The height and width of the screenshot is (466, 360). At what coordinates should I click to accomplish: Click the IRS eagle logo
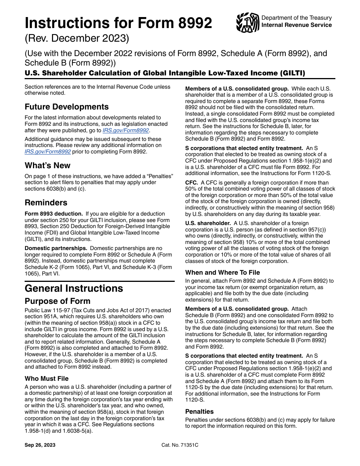247,23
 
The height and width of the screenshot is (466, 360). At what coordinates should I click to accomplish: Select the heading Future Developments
67,107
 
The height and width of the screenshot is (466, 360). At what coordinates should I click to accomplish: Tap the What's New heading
47,166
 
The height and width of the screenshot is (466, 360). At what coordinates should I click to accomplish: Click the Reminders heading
46,202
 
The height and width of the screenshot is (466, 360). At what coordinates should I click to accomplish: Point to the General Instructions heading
74,288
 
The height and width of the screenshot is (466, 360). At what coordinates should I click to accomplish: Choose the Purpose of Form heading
58,301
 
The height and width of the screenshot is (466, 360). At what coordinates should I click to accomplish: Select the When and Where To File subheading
222,272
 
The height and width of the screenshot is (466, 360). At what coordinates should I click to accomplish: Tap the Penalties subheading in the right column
199,411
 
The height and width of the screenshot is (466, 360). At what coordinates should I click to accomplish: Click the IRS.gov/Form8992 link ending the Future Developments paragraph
126,130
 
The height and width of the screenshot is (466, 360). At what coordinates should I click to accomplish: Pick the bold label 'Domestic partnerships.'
55,248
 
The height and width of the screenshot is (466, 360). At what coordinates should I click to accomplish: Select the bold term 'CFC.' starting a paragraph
191,183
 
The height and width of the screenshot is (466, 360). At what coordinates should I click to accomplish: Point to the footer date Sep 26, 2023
40,445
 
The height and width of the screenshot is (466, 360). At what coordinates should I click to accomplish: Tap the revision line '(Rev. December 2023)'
77,39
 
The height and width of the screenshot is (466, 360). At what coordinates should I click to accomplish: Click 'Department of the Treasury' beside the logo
296,18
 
